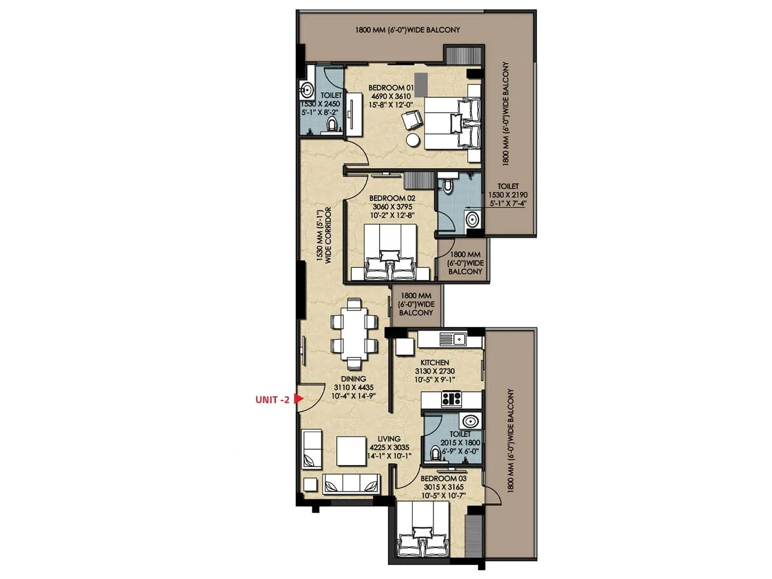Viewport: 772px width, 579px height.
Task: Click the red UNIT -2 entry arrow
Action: point(298,399)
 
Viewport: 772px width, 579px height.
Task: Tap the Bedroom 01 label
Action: point(391,88)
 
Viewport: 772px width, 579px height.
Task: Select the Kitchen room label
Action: point(434,362)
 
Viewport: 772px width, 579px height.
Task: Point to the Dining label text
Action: point(353,379)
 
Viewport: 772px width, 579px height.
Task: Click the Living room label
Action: point(388,439)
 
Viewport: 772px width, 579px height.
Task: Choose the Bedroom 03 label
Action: point(443,479)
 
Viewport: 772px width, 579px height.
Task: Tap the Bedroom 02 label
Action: point(392,198)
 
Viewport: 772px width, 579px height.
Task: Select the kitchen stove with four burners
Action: point(452,399)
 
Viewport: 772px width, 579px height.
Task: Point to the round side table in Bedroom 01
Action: point(413,140)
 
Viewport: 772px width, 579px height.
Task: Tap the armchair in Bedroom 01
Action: point(412,119)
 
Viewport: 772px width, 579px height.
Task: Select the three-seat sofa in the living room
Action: point(351,483)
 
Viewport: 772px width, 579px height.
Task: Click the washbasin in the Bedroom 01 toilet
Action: point(306,90)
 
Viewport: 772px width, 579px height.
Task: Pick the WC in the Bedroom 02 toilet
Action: point(448,186)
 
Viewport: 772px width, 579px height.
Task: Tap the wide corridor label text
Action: point(324,235)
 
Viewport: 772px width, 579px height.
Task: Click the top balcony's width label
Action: point(407,30)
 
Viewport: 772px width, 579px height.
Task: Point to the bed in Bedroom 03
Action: point(422,531)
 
